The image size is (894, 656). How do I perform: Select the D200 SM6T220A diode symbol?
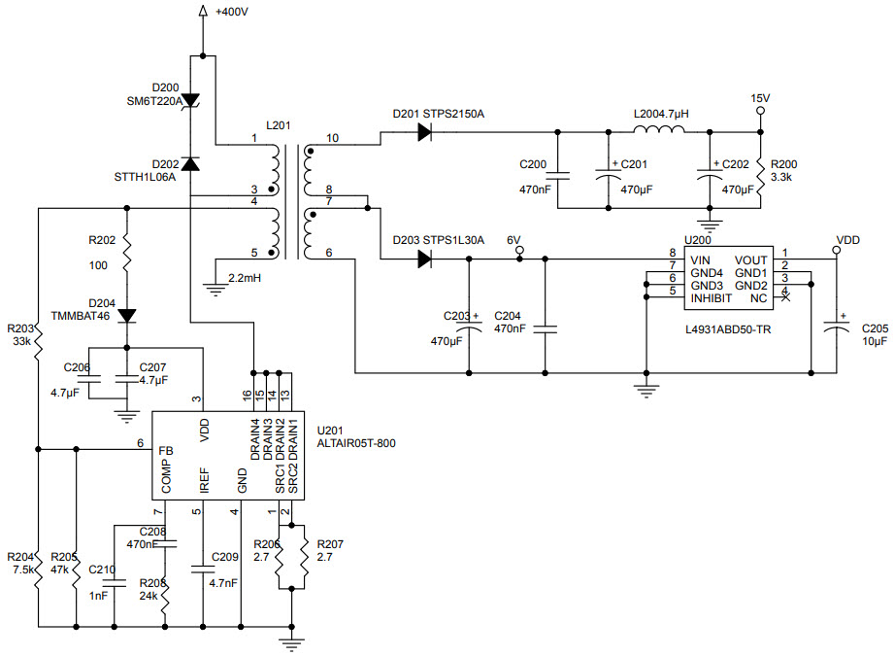(191, 100)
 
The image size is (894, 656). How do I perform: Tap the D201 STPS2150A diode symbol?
(424, 133)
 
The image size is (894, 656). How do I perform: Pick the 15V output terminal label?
(760, 98)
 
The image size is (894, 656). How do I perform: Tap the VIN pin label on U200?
(701, 260)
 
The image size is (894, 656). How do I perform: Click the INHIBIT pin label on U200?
(712, 298)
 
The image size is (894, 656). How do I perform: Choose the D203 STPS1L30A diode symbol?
(424, 259)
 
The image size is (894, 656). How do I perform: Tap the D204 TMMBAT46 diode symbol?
(127, 315)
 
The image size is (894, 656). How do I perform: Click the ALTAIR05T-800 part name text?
(356, 443)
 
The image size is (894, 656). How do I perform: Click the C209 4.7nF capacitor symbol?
(202, 568)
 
